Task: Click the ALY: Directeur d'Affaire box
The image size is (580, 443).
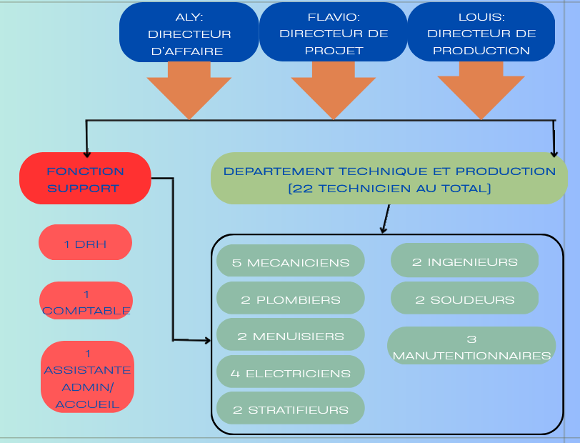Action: click(189, 33)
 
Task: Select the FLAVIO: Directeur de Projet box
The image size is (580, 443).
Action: click(334, 33)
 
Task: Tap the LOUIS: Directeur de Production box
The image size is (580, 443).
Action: click(481, 33)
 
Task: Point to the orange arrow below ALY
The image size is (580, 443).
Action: click(189, 89)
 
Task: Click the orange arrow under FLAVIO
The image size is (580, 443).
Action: click(334, 89)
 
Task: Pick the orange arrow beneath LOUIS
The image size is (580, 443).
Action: click(481, 89)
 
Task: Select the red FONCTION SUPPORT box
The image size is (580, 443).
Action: click(85, 179)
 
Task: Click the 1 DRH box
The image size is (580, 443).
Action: click(86, 244)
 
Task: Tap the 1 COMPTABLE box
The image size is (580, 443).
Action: click(86, 302)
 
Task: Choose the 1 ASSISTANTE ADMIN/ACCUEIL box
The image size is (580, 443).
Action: click(87, 378)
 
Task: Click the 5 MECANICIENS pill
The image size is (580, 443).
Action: click(291, 262)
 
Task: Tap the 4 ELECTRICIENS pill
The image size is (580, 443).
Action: click(291, 372)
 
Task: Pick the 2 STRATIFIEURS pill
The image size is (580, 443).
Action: click(291, 409)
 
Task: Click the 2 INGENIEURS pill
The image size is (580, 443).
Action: click(464, 261)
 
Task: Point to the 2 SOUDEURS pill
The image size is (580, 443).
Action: click(464, 299)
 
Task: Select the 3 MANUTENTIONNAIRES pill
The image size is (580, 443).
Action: click(471, 347)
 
